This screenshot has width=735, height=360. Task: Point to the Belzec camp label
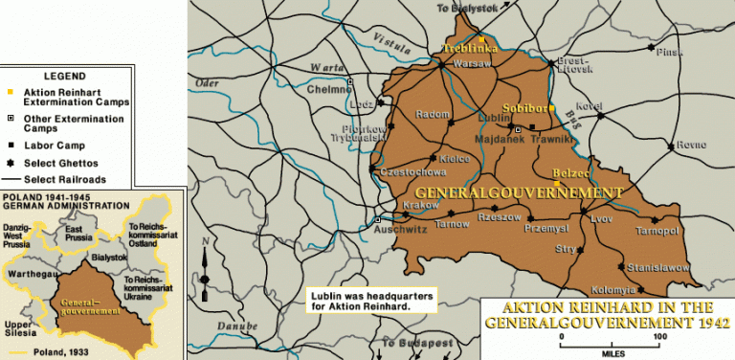[569, 172]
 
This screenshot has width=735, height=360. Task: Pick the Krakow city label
[422, 206]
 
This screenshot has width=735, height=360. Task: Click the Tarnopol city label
[658, 231]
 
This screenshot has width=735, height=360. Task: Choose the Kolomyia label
[612, 289]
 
